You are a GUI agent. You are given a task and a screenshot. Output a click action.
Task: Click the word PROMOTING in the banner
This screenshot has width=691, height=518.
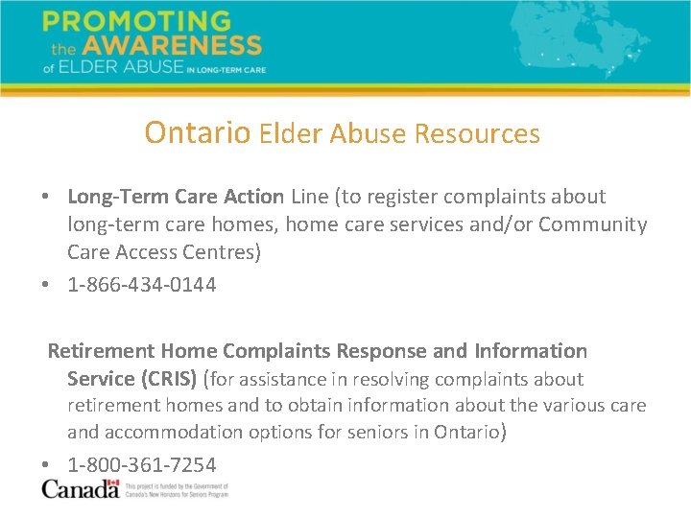(136, 21)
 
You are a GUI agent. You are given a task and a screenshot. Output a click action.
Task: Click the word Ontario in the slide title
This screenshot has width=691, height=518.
(198, 132)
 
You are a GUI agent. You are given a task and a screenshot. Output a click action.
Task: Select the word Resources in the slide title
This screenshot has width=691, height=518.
(477, 133)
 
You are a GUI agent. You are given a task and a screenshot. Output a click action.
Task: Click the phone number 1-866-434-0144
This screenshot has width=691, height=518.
(142, 285)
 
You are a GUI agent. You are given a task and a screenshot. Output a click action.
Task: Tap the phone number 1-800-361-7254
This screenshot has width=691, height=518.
(142, 465)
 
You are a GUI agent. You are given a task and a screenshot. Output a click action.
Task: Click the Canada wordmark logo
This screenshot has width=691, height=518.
(81, 489)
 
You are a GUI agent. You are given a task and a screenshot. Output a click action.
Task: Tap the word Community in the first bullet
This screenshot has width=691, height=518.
(593, 224)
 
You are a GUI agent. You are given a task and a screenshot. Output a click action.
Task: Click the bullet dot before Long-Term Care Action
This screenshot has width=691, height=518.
(46, 198)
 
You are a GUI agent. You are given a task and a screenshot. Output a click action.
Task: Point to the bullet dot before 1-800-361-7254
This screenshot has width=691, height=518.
(46, 466)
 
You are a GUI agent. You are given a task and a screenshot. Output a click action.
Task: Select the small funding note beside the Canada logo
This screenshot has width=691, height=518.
(178, 490)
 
